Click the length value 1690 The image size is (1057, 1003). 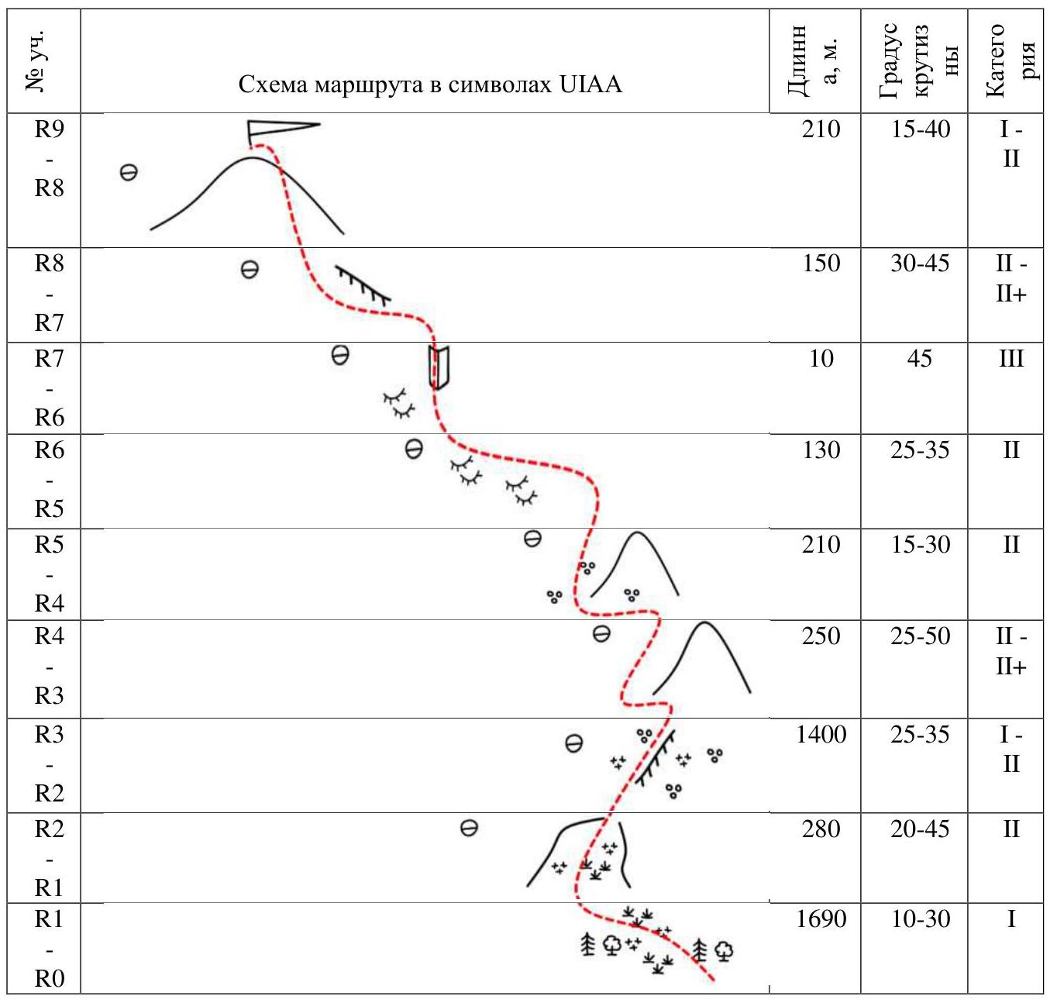click(821, 919)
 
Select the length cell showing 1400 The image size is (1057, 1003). click(821, 734)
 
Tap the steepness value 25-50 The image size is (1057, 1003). click(920, 636)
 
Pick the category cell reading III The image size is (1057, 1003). click(1011, 359)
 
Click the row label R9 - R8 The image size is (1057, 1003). click(49, 159)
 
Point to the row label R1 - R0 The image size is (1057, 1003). click(49, 949)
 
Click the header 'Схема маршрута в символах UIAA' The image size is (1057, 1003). click(430, 84)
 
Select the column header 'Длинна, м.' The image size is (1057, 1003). click(813, 60)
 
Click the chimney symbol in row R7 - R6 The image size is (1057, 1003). click(439, 367)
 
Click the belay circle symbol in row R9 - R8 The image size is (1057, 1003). click(129, 173)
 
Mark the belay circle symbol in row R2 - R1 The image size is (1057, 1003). click(469, 828)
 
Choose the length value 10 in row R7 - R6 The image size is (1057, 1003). click(821, 359)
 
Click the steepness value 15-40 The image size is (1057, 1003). click(920, 129)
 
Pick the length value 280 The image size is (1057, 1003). click(821, 829)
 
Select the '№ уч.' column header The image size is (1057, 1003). click(35, 60)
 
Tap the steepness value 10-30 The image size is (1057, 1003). click(920, 919)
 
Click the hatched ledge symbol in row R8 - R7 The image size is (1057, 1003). click(363, 284)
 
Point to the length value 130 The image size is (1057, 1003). click(821, 450)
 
